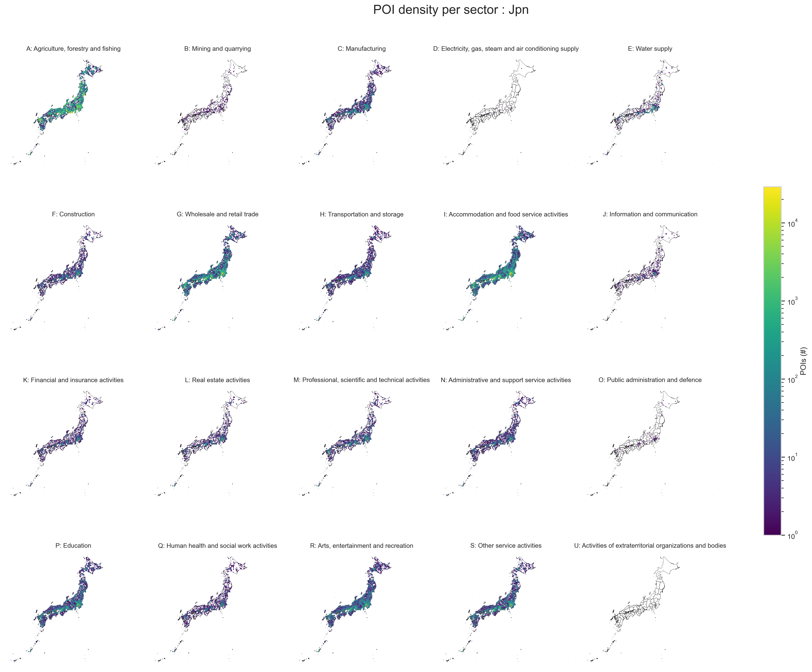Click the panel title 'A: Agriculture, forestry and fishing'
(x=74, y=49)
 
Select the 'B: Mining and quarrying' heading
(x=217, y=49)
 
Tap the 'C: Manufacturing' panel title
(x=362, y=49)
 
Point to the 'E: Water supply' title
(x=650, y=49)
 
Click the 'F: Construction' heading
(x=74, y=214)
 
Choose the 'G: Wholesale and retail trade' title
(x=217, y=214)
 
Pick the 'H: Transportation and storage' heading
(x=362, y=214)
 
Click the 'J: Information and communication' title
(x=650, y=214)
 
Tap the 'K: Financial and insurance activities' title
(x=74, y=380)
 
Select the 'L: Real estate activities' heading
(x=217, y=380)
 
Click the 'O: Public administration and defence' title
(x=650, y=380)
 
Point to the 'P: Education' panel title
(x=74, y=546)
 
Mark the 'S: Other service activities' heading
(x=506, y=546)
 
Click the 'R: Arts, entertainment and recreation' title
(x=362, y=546)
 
